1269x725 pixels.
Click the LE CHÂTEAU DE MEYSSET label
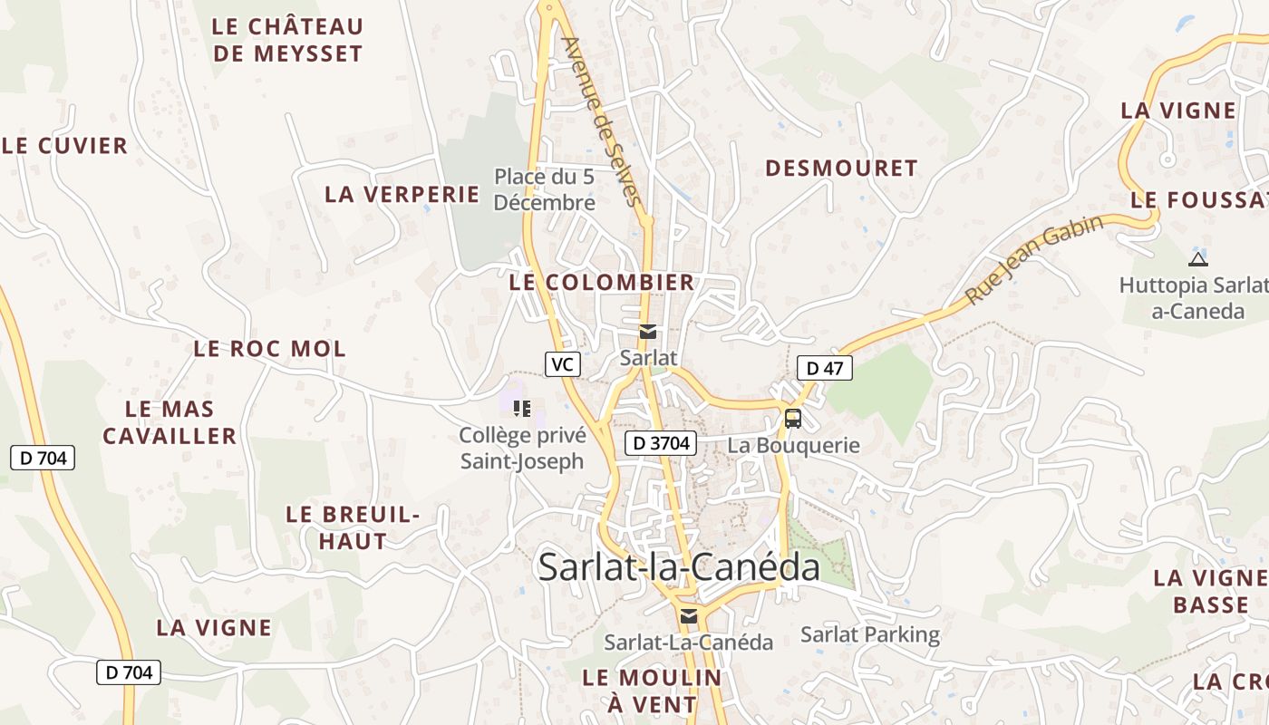click(287, 40)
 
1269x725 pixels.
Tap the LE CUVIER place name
click(65, 146)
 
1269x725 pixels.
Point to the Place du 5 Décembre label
click(544, 189)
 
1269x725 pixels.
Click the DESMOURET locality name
click(841, 169)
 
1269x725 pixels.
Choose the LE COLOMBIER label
click(602, 283)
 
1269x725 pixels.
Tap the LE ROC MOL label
click(269, 349)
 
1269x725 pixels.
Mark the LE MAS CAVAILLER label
click(170, 422)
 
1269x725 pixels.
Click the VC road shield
click(562, 364)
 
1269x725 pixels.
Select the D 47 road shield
click(824, 368)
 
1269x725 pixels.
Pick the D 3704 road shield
click(661, 443)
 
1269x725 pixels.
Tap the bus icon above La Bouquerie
click(793, 419)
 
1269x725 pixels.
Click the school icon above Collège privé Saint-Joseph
click(521, 409)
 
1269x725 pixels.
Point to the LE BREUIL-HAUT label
click(353, 527)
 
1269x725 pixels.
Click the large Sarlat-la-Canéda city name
click(679, 567)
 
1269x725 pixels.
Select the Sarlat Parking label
click(869, 634)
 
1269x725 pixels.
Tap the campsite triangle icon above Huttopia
click(1197, 259)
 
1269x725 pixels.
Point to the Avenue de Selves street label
click(601, 121)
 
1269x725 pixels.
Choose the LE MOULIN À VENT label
click(652, 691)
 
